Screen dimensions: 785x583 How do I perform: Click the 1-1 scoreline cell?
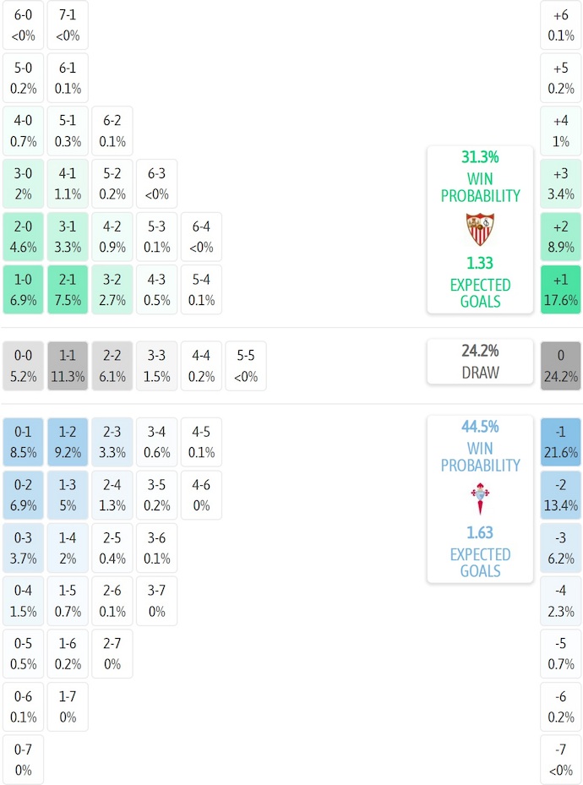click(x=68, y=366)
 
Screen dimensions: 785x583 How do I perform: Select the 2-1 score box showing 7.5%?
click(x=68, y=290)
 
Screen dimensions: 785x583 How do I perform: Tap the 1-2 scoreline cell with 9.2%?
click(x=68, y=442)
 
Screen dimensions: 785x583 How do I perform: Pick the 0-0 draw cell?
click(x=23, y=366)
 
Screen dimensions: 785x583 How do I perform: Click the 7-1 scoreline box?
click(x=68, y=25)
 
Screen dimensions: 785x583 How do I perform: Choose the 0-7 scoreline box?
click(x=23, y=760)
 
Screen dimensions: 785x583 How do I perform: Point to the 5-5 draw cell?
click(x=246, y=366)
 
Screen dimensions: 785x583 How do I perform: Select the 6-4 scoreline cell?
click(x=201, y=237)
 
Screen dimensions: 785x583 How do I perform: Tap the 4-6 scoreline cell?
click(x=201, y=495)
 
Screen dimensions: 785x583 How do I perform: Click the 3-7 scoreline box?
click(x=157, y=601)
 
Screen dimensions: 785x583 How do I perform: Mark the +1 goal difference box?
click(x=561, y=290)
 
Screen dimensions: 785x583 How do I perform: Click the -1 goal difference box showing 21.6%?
click(x=561, y=442)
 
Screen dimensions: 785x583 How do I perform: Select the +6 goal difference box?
click(x=561, y=25)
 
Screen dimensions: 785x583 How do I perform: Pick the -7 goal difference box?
click(x=561, y=760)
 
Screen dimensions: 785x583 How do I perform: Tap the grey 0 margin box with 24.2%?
click(x=561, y=366)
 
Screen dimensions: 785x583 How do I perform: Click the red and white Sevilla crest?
click(x=480, y=229)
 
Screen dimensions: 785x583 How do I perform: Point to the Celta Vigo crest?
click(x=480, y=499)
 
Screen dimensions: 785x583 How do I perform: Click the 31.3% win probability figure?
click(x=480, y=157)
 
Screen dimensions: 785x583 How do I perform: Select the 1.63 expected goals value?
click(x=480, y=533)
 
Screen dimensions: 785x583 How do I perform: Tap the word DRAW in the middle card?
click(x=480, y=373)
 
